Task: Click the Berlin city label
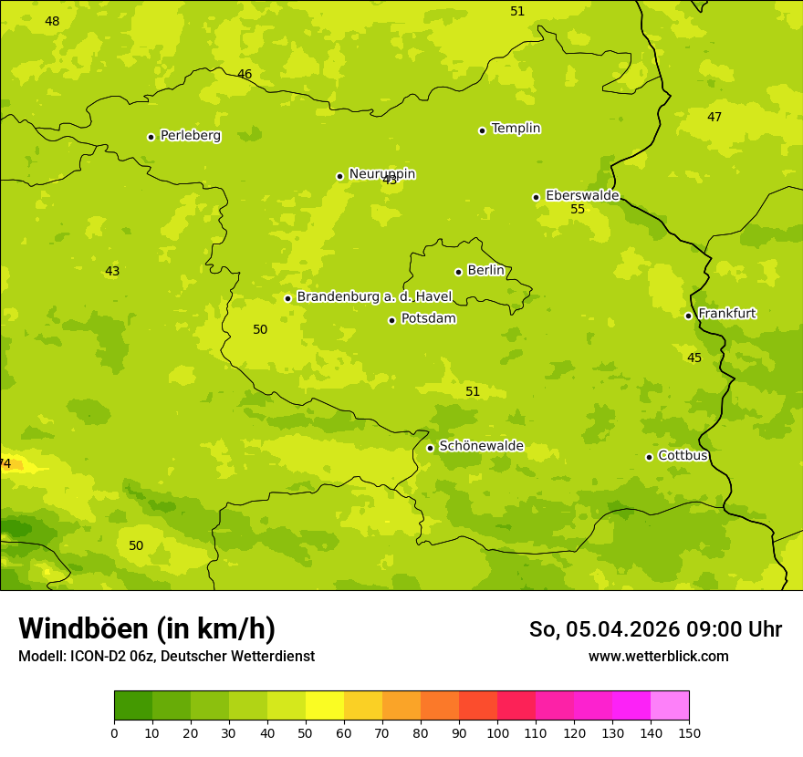[485, 271]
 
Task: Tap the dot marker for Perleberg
[151, 137]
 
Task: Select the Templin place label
[516, 129]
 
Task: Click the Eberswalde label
[582, 195]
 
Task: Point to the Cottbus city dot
[649, 457]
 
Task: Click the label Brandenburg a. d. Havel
[374, 297]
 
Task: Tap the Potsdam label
[428, 319]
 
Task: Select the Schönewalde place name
[481, 446]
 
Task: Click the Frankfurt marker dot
[688, 316]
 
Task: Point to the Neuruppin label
[381, 174]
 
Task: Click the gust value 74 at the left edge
[5, 464]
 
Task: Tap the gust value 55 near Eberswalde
[578, 210]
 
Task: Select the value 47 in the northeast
[714, 117]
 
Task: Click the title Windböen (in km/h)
[147, 628]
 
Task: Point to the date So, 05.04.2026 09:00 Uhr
[655, 629]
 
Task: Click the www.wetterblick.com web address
[658, 657]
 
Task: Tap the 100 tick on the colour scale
[497, 732]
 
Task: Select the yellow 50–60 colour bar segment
[325, 706]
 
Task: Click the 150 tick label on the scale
[689, 732]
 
